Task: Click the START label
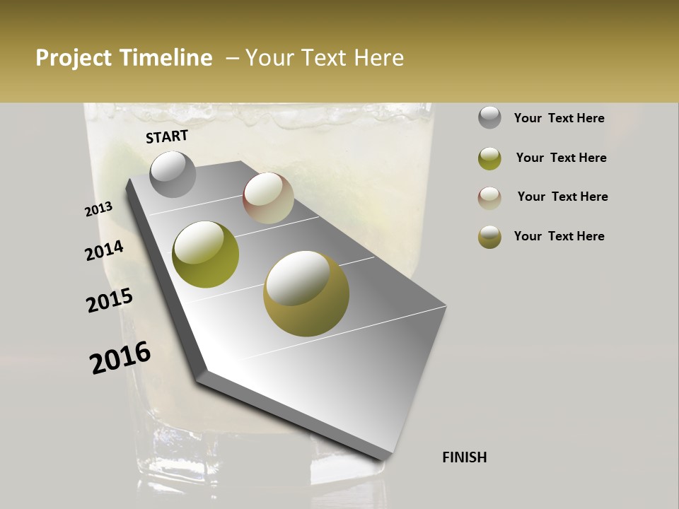[167, 136]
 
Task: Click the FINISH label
[464, 457]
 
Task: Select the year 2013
[99, 209]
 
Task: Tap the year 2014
[105, 250]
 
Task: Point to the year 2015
[110, 300]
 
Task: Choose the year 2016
[120, 358]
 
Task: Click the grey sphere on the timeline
[173, 175]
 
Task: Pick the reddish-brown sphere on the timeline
[268, 198]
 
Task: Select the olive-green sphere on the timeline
[205, 255]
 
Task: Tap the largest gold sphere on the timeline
[306, 293]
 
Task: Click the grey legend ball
[489, 118]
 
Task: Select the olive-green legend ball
[489, 158]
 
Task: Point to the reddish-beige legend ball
[489, 198]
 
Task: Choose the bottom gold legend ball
[489, 237]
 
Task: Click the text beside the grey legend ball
[559, 118]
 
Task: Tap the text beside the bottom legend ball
[559, 236]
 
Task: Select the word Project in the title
[73, 58]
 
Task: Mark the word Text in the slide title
[323, 58]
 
